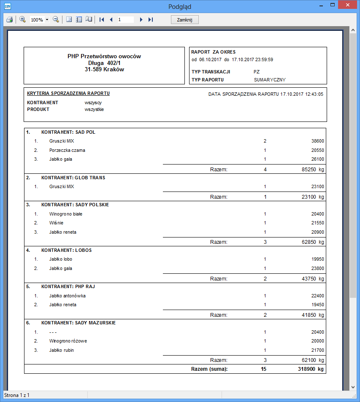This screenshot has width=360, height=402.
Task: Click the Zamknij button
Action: (x=184, y=20)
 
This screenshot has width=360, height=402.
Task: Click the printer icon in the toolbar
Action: (x=9, y=20)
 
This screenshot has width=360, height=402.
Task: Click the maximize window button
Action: (x=333, y=5)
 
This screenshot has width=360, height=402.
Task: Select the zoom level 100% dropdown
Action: (x=39, y=20)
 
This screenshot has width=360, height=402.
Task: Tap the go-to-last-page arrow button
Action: (x=151, y=20)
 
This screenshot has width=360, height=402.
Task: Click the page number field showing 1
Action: (x=125, y=20)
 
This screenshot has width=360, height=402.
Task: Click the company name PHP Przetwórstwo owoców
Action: (x=104, y=56)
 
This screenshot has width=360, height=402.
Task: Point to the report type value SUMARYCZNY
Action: (x=270, y=79)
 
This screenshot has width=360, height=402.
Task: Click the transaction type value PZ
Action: (x=257, y=72)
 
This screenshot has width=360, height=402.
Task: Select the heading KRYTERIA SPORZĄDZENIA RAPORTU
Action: (x=68, y=93)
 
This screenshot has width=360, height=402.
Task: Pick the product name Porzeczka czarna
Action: (x=67, y=150)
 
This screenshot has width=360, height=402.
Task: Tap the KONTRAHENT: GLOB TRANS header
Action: (x=73, y=178)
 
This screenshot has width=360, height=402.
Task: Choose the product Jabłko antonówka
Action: (x=67, y=296)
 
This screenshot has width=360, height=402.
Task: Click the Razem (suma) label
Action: (x=209, y=369)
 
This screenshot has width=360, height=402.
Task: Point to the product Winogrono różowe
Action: (x=68, y=341)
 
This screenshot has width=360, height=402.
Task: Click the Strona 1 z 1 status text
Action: (x=17, y=395)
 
